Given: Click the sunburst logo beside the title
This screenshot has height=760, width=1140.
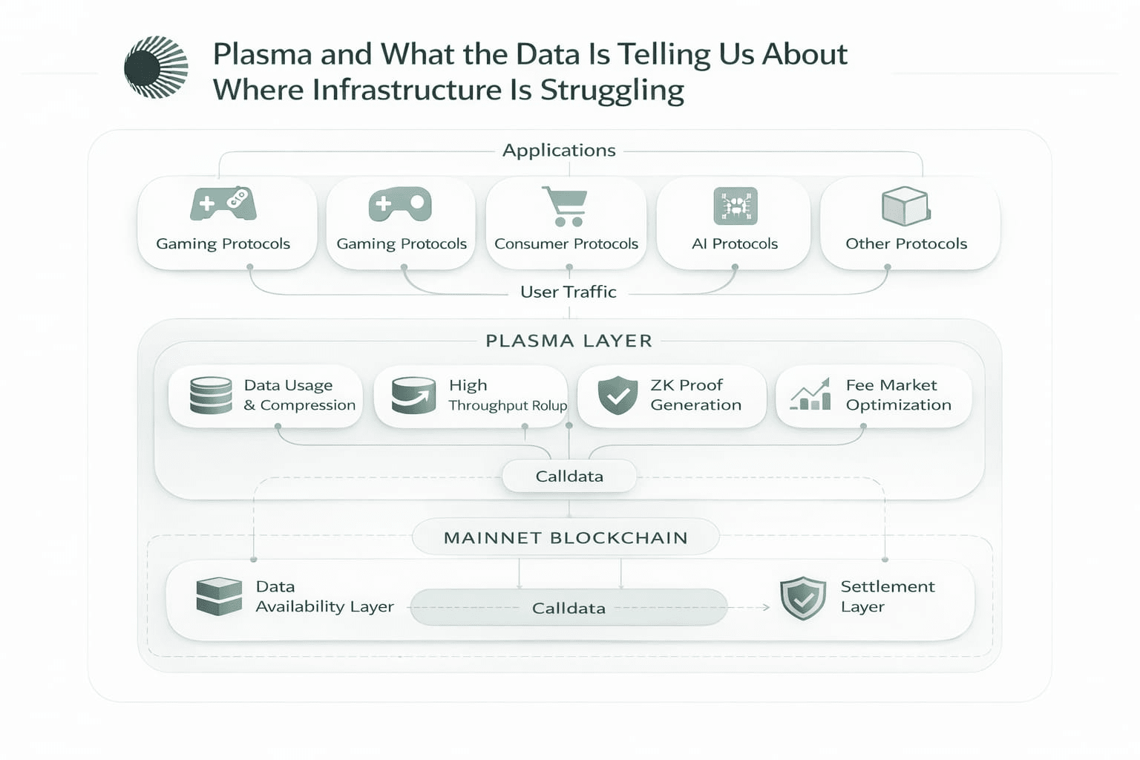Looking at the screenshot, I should (x=156, y=67).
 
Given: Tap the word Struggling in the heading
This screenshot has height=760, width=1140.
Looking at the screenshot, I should (x=612, y=91).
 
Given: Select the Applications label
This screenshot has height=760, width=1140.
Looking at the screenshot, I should (x=559, y=150).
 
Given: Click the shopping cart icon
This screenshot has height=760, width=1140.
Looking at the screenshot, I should (x=566, y=206).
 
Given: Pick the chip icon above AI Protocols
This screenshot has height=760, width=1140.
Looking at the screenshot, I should (x=735, y=206).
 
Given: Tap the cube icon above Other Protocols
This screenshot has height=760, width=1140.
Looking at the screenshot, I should (x=905, y=206).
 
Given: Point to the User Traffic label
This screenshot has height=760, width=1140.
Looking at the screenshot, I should (x=569, y=292).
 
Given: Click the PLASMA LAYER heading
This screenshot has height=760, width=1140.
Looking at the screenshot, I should (x=569, y=341).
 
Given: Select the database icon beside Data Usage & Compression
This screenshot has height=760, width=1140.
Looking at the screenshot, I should (x=211, y=395).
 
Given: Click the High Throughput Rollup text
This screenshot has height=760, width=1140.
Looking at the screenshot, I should (x=508, y=395).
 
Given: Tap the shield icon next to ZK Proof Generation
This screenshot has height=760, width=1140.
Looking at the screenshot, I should (x=617, y=395).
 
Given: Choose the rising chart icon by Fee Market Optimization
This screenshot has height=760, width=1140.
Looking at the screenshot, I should (x=810, y=395).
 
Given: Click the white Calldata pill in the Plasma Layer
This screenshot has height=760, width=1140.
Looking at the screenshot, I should (x=569, y=476).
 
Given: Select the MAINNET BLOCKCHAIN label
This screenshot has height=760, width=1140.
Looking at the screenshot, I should (x=566, y=537).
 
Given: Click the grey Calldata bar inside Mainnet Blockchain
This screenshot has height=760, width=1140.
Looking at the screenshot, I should (x=569, y=608).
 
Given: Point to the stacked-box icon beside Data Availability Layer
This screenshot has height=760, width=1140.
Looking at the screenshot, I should (x=219, y=597).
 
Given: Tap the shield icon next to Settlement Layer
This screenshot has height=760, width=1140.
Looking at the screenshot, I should (x=803, y=597).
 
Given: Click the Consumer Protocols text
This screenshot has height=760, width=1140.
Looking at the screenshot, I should (x=566, y=243).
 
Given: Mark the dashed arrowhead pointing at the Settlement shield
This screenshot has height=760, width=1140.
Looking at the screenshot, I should (x=766, y=608).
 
